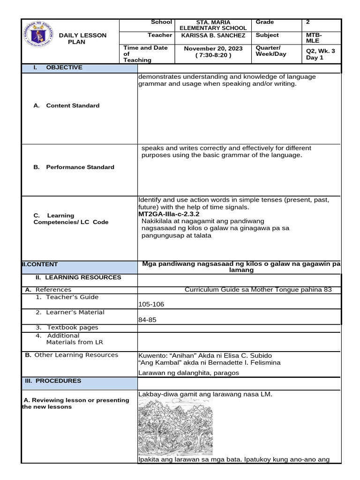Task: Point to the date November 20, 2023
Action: click(x=207, y=49)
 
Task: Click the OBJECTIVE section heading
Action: click(x=64, y=67)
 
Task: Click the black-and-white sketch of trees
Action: click(x=176, y=427)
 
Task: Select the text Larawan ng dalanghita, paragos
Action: click(x=188, y=373)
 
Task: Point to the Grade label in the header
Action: click(x=265, y=22)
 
